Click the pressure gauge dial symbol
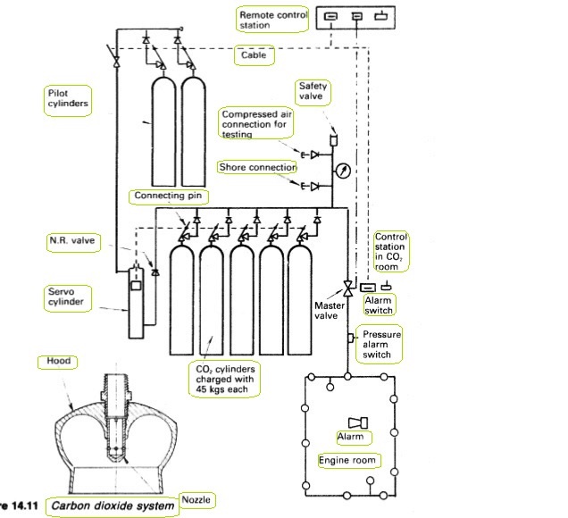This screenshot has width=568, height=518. (343, 171)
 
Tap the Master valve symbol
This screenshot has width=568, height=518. (347, 288)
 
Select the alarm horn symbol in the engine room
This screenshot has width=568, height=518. (358, 422)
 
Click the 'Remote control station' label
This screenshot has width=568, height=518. (273, 20)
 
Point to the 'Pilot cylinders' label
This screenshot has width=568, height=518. (68, 98)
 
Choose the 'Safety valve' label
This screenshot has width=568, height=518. (313, 91)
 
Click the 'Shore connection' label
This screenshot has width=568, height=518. (257, 167)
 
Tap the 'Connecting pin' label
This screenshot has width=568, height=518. (168, 196)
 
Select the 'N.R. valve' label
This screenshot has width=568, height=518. (72, 240)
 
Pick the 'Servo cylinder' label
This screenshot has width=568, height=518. (65, 297)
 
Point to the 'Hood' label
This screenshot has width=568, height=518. (58, 361)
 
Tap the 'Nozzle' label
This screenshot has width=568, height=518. (196, 499)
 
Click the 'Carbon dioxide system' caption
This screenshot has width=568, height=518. (113, 505)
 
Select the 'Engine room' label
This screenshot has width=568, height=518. (347, 461)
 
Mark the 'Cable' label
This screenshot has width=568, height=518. (254, 55)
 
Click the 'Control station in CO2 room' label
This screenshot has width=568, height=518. (390, 252)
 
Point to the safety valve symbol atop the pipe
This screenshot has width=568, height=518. (334, 139)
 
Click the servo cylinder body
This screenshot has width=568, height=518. (137, 303)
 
